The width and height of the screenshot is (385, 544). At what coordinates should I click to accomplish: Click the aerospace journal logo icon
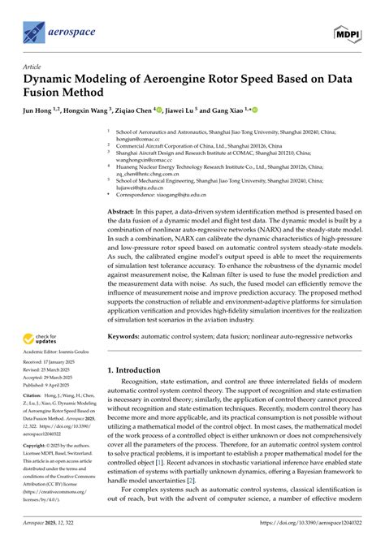tap(32, 32)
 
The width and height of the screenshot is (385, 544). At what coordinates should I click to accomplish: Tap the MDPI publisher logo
tap(348, 32)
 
